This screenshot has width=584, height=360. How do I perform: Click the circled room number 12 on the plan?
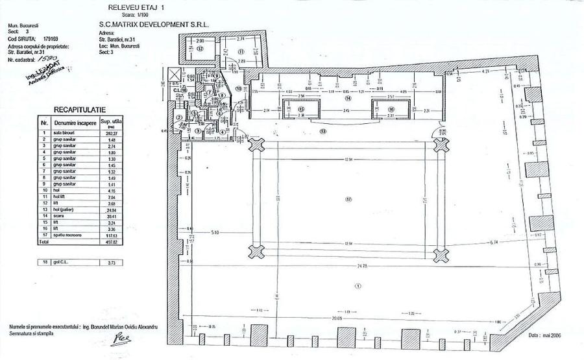tap(201, 49)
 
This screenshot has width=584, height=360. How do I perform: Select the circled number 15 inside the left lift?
tap(300, 110)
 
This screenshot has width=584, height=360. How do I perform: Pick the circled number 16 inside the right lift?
tap(391, 110)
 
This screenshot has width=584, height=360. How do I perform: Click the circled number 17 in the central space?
tap(348, 200)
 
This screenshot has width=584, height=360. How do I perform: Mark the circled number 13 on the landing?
tap(322, 131)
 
